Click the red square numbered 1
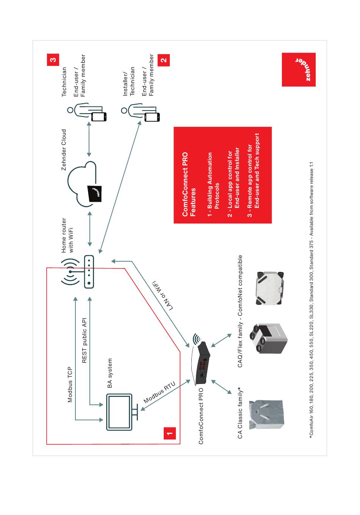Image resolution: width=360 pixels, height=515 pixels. pyautogui.click(x=169, y=433)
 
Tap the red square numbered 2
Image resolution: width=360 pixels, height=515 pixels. pyautogui.click(x=164, y=60)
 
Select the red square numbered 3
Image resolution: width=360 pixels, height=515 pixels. pyautogui.click(x=53, y=59)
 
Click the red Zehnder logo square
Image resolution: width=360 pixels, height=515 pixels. pyautogui.click(x=299, y=70)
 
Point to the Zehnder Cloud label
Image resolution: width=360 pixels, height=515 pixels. pyautogui.click(x=64, y=150)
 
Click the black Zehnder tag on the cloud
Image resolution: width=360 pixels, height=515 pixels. pyautogui.click(x=95, y=193)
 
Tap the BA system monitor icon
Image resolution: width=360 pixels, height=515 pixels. pyautogui.click(x=122, y=412)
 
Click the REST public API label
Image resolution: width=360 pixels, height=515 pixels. pyautogui.click(x=85, y=340)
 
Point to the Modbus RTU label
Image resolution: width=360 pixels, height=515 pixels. pyautogui.click(x=159, y=392)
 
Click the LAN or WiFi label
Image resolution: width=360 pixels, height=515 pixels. pyautogui.click(x=163, y=295)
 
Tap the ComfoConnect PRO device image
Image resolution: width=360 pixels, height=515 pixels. pyautogui.click(x=200, y=359)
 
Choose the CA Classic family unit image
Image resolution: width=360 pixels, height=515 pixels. pyautogui.click(x=266, y=415)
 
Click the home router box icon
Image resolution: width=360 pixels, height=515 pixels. pyautogui.click(x=89, y=272)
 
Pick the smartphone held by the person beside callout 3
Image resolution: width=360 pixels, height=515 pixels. pyautogui.click(x=99, y=117)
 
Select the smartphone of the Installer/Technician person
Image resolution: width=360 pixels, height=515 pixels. pyautogui.click(x=152, y=117)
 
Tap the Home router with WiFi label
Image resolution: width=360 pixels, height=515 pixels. pyautogui.click(x=67, y=235)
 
